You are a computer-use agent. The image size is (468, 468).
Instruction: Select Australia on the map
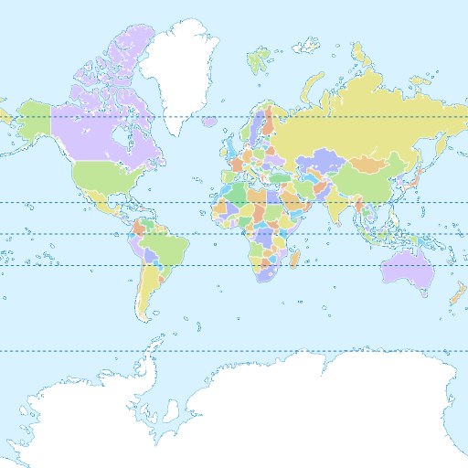406,265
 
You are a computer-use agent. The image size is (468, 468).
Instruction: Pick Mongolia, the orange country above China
370,164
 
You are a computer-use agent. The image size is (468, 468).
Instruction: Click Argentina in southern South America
146,292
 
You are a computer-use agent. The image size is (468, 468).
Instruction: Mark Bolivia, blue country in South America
150,260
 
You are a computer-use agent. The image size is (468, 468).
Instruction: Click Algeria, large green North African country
237,195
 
